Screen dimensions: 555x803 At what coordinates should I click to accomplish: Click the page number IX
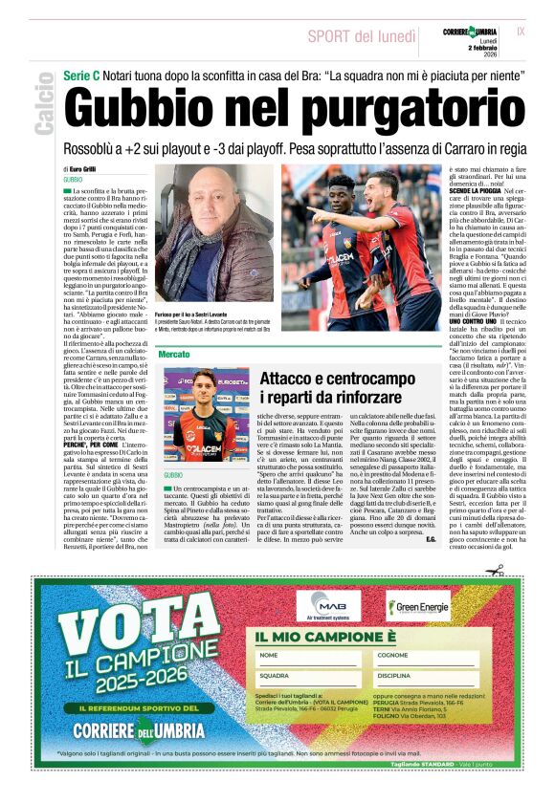click(520, 32)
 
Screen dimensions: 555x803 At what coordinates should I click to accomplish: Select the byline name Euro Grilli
click(89, 168)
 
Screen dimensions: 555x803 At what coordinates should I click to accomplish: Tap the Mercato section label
click(174, 354)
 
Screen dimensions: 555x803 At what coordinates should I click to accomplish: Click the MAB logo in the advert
click(327, 604)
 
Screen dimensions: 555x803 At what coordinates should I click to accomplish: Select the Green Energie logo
click(417, 607)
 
